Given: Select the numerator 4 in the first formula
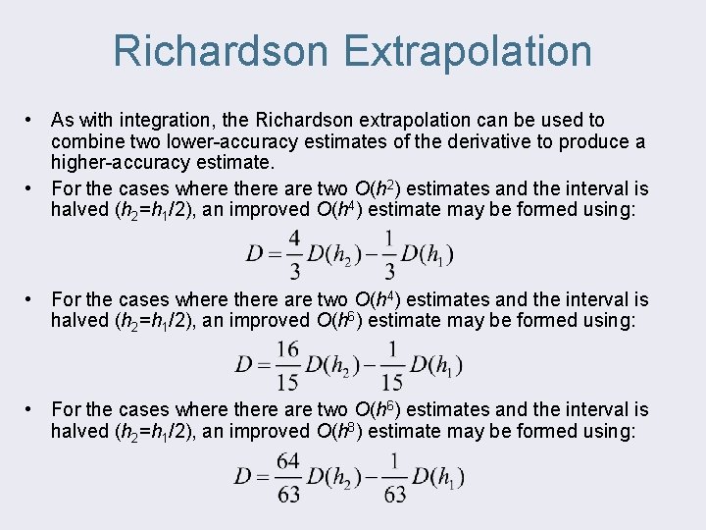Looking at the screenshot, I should [x=293, y=238].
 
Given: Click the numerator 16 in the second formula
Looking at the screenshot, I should [x=287, y=348].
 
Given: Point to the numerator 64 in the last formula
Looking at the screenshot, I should [x=288, y=459].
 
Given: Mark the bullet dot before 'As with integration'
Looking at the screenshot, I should [x=32, y=121].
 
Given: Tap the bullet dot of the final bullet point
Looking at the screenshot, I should [x=32, y=409].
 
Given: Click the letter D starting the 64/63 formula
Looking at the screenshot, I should [x=243, y=477].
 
